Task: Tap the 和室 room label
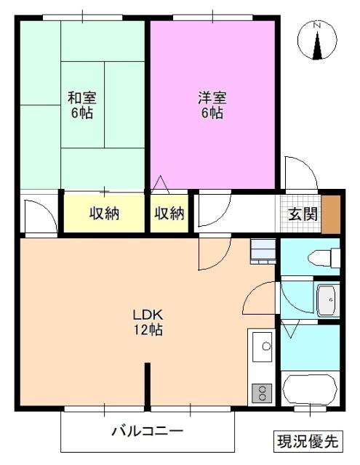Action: coord(82,98)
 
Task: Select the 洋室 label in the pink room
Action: coord(212,98)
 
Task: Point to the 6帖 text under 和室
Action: coord(82,114)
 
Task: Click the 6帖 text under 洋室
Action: coord(212,114)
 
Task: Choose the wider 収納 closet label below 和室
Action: coord(105,214)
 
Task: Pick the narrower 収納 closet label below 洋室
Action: coord(169,214)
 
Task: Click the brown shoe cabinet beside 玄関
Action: coord(331,213)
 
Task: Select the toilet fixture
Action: coord(324,257)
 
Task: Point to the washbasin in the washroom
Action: coord(327,298)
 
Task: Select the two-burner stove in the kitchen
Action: coord(261,393)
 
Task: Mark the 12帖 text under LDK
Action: coord(150,331)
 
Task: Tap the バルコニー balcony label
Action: coord(147,432)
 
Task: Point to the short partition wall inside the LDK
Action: coord(148,386)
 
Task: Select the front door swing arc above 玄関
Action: coord(300,174)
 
